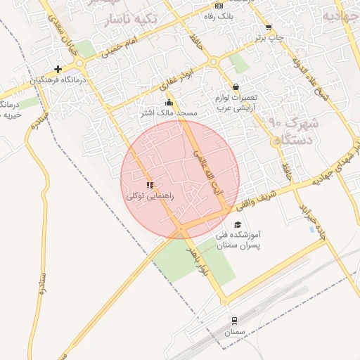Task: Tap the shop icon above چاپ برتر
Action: (x=268, y=28)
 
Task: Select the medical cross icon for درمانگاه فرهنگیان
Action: (x=58, y=69)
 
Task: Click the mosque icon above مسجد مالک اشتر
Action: (x=168, y=103)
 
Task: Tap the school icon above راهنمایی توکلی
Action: (x=149, y=185)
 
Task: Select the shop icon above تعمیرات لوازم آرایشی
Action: (x=235, y=86)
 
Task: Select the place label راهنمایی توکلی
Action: (x=155, y=196)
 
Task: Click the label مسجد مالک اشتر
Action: (x=172, y=112)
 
